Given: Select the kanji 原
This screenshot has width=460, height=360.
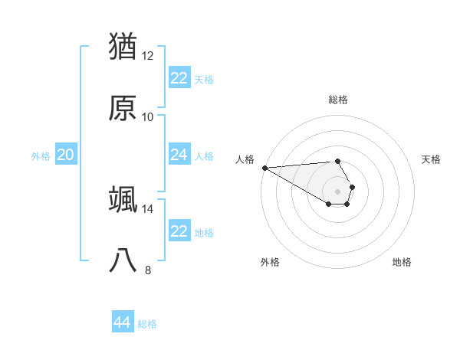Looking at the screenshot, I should [123, 108].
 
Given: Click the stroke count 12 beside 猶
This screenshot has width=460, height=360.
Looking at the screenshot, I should [148, 56].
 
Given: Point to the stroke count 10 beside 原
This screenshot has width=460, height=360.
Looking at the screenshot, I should [148, 117].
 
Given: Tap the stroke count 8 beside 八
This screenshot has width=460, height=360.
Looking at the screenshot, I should [148, 270].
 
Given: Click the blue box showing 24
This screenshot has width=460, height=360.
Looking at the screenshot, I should [179, 155].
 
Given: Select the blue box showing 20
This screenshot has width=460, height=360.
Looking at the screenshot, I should [66, 155].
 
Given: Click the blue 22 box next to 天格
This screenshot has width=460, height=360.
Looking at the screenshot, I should [179, 78].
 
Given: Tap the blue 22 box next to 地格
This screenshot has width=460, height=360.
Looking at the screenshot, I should [179, 231].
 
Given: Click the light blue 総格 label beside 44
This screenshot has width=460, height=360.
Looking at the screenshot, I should [147, 324].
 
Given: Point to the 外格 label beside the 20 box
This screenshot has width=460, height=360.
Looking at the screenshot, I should [41, 155].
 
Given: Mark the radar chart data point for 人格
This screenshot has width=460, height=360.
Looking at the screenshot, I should [264, 168].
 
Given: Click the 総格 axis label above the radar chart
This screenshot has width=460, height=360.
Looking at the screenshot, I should [338, 100].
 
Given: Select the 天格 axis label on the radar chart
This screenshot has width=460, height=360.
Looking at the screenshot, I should [432, 159].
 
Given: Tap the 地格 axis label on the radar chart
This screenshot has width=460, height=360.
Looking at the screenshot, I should [402, 262].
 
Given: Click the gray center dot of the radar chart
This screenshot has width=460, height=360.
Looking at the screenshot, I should [338, 191].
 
